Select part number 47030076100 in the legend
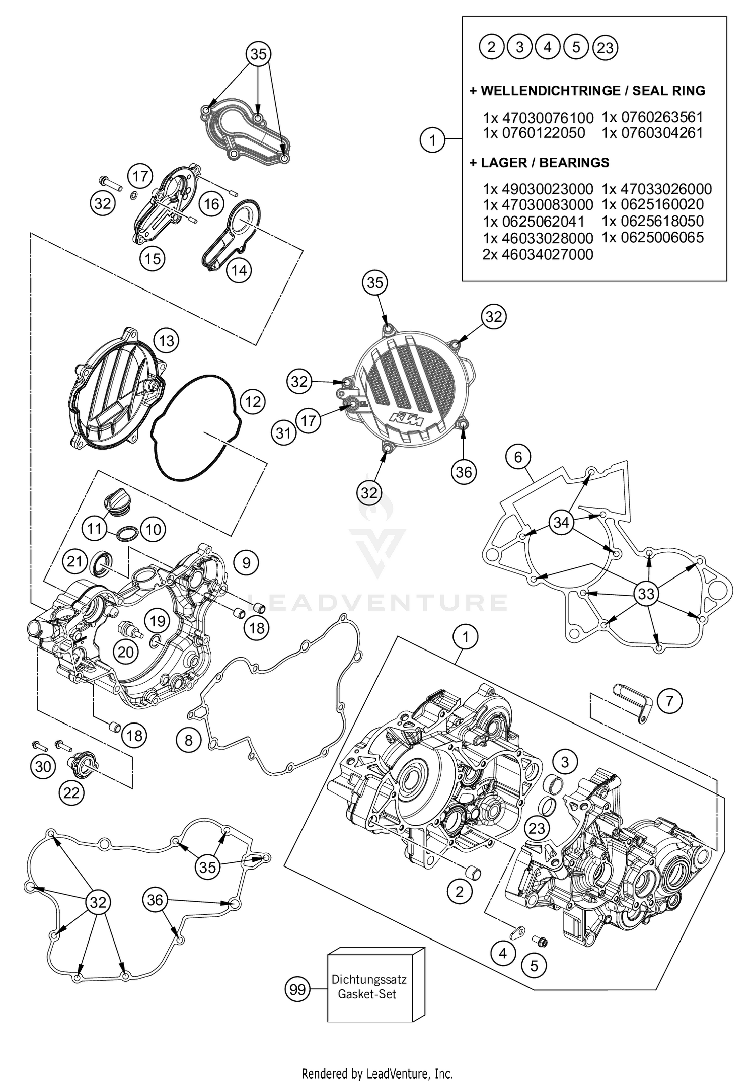[x=538, y=118]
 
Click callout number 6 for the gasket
[x=518, y=457]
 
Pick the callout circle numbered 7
[x=669, y=701]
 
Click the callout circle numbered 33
[x=646, y=594]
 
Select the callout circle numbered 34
[x=561, y=522]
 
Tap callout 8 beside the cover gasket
[x=188, y=740]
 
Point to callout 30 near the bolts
[x=43, y=767]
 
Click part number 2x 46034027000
[x=538, y=254]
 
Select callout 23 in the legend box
[x=606, y=48]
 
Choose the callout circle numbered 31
[x=283, y=432]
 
